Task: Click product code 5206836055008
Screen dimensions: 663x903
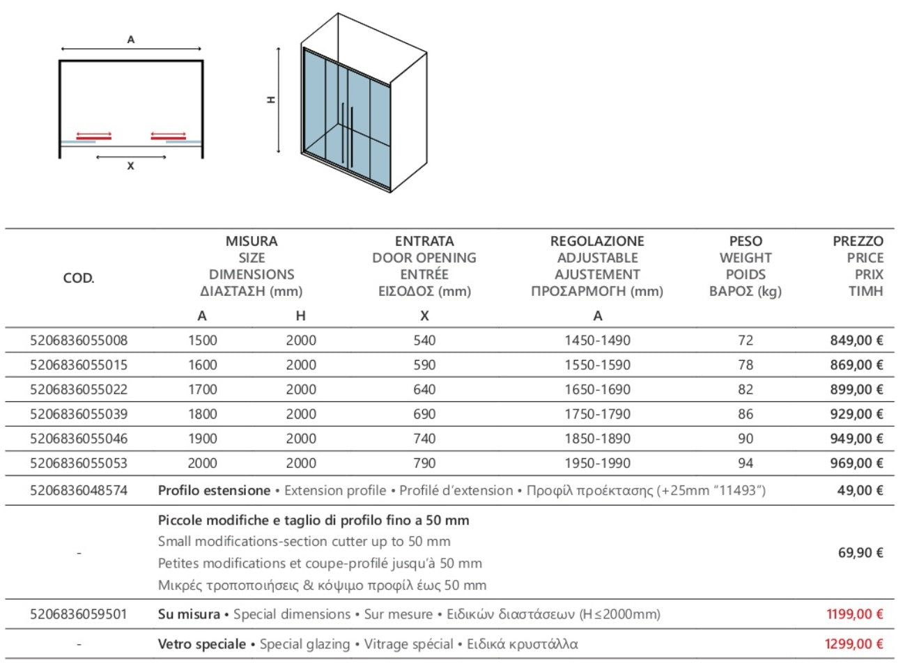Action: point(79,341)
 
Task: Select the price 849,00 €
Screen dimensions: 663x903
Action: point(856,341)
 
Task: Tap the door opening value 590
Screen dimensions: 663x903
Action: point(424,365)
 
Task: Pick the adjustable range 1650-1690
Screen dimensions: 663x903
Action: point(597,389)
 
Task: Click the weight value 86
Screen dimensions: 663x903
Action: point(745,414)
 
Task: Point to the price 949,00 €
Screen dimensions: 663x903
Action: point(856,439)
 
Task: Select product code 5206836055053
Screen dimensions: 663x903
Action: point(79,463)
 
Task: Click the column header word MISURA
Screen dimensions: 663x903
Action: point(251,241)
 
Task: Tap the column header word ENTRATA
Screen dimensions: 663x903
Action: point(424,241)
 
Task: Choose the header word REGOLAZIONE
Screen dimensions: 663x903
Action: point(597,241)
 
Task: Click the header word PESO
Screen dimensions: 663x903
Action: point(745,241)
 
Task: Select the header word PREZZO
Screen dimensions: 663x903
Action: point(858,241)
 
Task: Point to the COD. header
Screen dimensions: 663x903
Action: point(79,278)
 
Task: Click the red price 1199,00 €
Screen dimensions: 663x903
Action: point(854,614)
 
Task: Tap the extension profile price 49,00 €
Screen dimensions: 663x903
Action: point(860,490)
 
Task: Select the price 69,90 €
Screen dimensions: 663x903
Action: point(860,553)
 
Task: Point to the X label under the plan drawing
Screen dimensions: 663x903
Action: point(130,166)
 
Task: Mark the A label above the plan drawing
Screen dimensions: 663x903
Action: point(130,40)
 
